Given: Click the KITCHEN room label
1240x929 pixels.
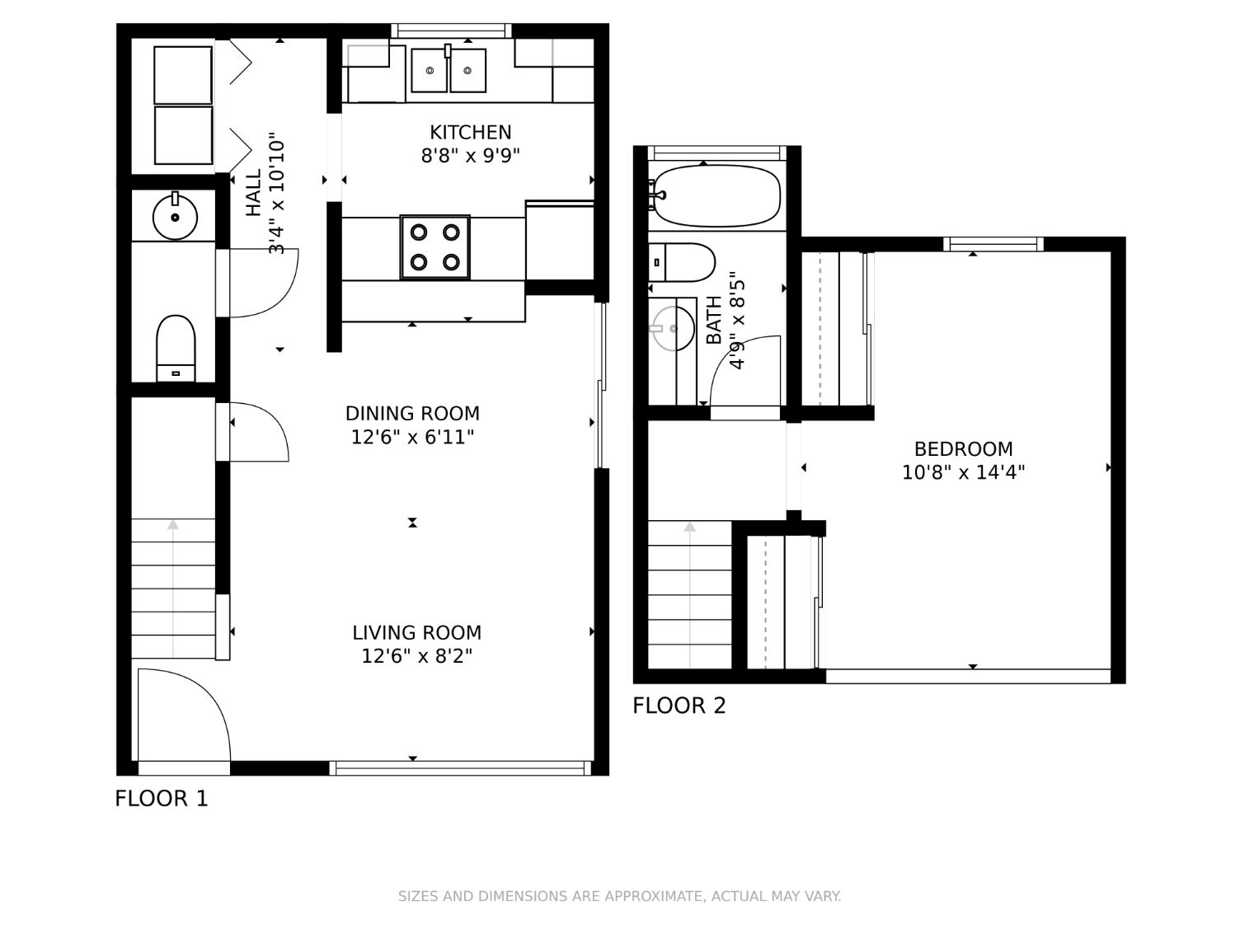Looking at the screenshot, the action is pos(470,133).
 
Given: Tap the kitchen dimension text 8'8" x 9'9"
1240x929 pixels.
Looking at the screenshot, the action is pos(470,155).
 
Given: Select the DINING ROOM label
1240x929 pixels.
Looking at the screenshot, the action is pos(412,413).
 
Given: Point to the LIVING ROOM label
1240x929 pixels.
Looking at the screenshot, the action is pos(417,632).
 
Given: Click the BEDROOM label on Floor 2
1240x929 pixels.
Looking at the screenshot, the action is pos(963,449).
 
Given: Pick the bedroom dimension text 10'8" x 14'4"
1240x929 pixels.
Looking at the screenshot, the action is pos(963,472).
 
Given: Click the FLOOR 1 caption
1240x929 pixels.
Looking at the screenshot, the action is pos(162,799).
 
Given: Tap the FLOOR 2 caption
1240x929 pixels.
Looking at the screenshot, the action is pos(679,706).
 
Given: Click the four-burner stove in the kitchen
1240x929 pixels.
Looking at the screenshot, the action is pos(435,246).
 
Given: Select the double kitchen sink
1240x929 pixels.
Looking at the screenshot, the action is pos(449,70).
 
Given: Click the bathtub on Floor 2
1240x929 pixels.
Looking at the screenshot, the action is pos(716,195).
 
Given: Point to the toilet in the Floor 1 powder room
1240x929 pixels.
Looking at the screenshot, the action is pos(176,349).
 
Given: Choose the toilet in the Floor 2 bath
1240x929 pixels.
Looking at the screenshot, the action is pos(681,262).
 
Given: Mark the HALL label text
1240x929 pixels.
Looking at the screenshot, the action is pos(254,192).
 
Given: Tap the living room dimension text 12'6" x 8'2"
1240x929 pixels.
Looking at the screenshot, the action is pos(417,656).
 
